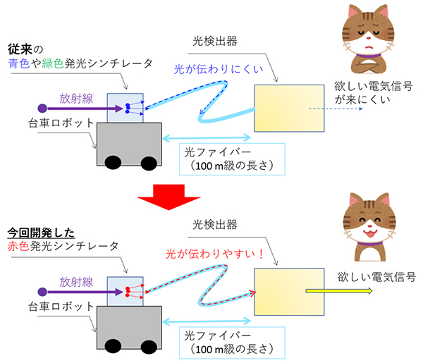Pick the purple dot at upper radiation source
click(x=42, y=109)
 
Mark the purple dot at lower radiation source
click(x=42, y=290)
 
